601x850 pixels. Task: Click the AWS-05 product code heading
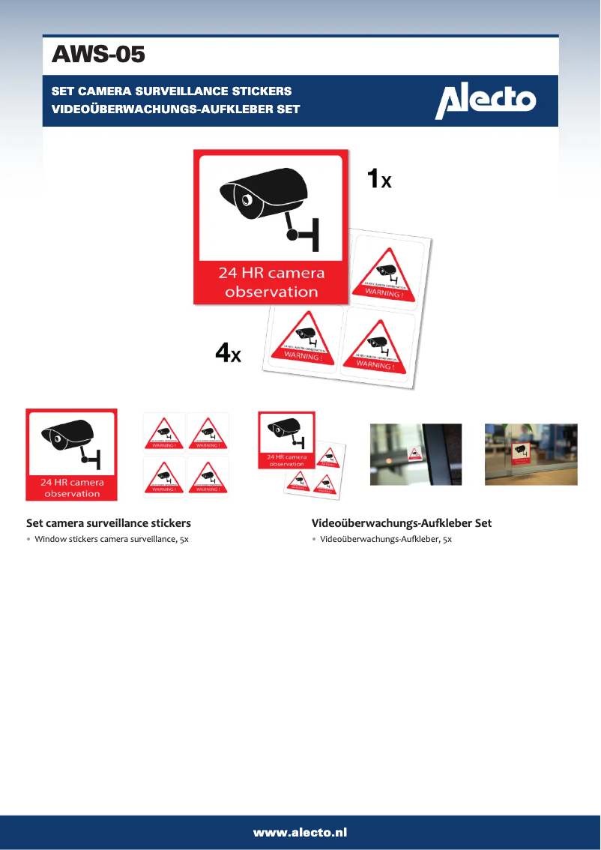97,55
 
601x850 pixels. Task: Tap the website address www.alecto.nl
300,832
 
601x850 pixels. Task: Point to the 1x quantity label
378,179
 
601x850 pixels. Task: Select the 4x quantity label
228,353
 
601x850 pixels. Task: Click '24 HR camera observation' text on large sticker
271,283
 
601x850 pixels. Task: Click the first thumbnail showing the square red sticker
72,454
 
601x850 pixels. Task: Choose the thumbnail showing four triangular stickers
186,454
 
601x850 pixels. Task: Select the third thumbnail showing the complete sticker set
298,454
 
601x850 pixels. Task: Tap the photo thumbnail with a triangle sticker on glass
416,454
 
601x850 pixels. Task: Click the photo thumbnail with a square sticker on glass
531,454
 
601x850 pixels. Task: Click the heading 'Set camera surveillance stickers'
109,523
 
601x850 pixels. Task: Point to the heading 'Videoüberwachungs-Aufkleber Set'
402,523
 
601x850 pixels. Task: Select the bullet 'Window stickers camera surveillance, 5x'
112,539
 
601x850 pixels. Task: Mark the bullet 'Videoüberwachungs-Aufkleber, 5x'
386,539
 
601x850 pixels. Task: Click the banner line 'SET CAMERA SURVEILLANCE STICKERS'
171,91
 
